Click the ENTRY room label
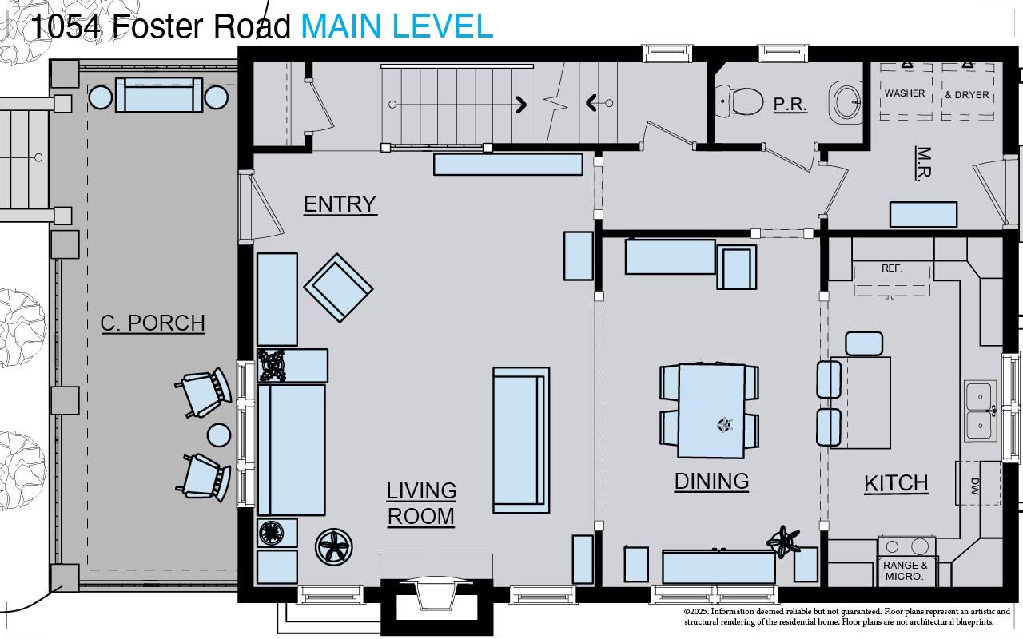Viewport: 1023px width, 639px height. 340,204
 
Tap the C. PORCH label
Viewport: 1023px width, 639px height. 153,323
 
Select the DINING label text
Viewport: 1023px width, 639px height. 711,481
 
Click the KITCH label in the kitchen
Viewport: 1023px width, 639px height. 896,483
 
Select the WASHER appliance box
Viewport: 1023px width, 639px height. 905,93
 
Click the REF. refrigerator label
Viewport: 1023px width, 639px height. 892,268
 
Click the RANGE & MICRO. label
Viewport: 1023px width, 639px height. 906,570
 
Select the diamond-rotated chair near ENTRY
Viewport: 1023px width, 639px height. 338,288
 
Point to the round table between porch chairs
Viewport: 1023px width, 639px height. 219,435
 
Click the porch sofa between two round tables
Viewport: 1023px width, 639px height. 158,95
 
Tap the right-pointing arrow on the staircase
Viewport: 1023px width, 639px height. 520,104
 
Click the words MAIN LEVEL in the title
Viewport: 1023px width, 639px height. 397,26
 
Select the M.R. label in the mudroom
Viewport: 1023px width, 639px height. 923,163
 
